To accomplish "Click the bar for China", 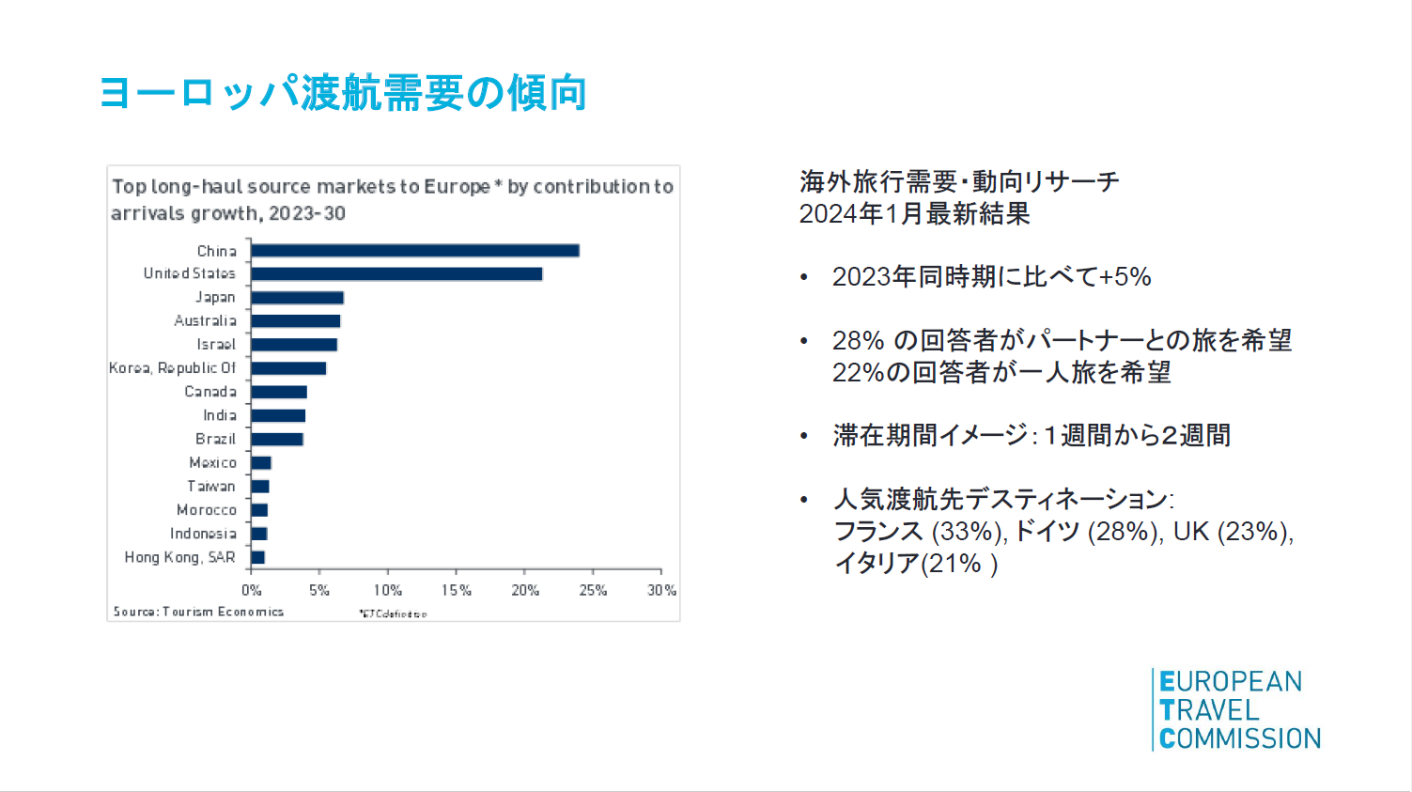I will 414,251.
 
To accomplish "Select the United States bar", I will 396,274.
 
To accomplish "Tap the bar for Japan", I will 297,298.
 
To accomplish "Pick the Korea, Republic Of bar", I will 288,368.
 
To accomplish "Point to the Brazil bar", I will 277,439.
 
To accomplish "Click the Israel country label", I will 216,345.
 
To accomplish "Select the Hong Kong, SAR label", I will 179,557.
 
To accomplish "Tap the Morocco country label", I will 207,510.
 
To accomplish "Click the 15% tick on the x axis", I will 457,590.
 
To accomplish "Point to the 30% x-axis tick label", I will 661,590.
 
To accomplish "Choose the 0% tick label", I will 251,590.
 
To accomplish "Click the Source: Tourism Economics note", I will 198,612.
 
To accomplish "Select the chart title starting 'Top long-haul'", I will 393,199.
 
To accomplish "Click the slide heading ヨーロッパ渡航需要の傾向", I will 343,93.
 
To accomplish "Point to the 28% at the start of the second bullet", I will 858,340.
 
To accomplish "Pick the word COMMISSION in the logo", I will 1240,738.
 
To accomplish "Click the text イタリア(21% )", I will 916,564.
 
